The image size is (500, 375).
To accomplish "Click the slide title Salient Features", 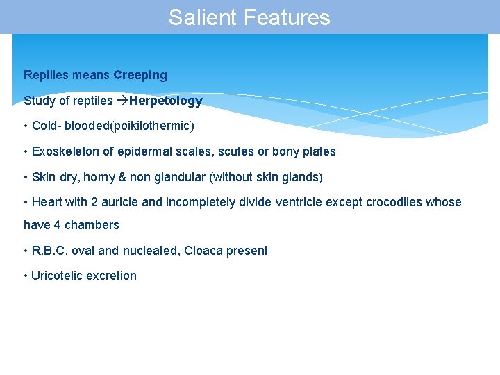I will pyautogui.click(x=249, y=17).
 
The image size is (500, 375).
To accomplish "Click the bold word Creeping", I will pyautogui.click(x=140, y=75).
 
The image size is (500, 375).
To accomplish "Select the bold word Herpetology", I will pyautogui.click(x=165, y=101).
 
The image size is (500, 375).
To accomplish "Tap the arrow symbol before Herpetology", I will pyautogui.click(x=122, y=101).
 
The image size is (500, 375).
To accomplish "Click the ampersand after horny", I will pyautogui.click(x=122, y=177).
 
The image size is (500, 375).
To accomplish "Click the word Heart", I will pyautogui.click(x=47, y=202).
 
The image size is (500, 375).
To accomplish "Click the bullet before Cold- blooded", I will pyautogui.click(x=26, y=126).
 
